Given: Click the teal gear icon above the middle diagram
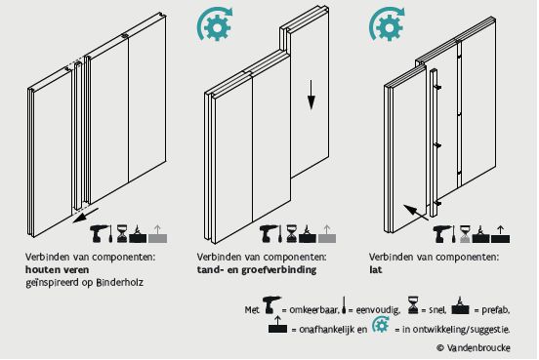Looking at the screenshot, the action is pos(215,24).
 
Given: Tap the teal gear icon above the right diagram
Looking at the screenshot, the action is pos(387,24).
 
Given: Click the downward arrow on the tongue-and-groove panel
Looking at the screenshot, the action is pos(311,95).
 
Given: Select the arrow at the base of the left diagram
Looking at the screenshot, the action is pos(86,215).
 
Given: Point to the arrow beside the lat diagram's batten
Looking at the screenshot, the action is pos(416,213).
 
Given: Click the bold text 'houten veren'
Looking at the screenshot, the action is pos(57,269).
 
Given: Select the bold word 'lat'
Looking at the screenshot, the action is pos(375,269).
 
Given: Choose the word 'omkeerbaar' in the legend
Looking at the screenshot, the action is pos(314,310).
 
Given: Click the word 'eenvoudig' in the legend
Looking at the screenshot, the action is pos(378,310).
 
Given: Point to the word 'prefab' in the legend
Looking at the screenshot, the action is pos(495,310).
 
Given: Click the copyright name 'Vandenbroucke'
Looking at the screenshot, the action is pos(478,347).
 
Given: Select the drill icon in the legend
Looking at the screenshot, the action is pos(271,305).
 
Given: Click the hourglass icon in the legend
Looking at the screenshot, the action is pos(413,305).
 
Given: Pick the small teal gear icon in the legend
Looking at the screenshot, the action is pos(381,325).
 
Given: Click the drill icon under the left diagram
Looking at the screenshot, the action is pos(99,233).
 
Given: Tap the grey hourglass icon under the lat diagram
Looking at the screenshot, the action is pos(465,234).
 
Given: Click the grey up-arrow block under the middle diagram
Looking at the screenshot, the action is pos(327,234).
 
